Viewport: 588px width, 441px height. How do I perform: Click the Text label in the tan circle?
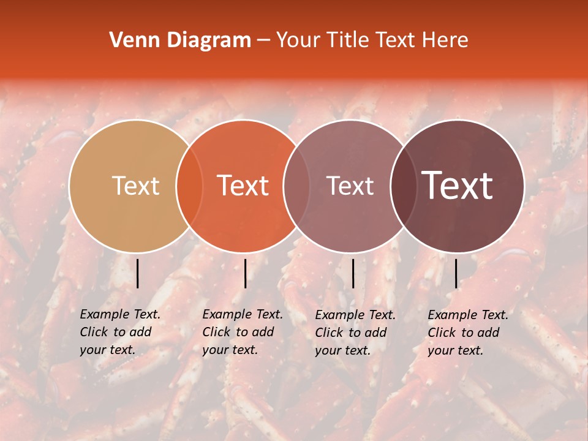[x=135, y=186]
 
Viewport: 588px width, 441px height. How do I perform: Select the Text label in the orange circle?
[x=243, y=186]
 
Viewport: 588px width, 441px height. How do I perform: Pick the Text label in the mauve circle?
[x=350, y=186]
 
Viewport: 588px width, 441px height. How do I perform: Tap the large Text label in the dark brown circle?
[x=458, y=186]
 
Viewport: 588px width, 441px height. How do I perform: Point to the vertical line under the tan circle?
[x=137, y=273]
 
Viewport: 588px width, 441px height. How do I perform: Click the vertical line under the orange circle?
[x=245, y=273]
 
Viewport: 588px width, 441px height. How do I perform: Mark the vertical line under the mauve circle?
[x=353, y=273]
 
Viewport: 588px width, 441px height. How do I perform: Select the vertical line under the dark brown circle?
[x=456, y=273]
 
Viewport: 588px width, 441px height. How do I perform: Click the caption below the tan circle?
[x=120, y=332]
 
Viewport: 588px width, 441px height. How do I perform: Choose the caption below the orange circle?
[x=243, y=332]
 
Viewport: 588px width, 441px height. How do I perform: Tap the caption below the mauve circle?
[x=355, y=332]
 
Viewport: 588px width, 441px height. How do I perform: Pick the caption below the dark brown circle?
[x=468, y=332]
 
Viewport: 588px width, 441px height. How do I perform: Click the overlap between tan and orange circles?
[x=189, y=186]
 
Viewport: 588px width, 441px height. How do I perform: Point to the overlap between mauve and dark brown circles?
[x=404, y=186]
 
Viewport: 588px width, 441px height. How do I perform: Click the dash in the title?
[x=263, y=40]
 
